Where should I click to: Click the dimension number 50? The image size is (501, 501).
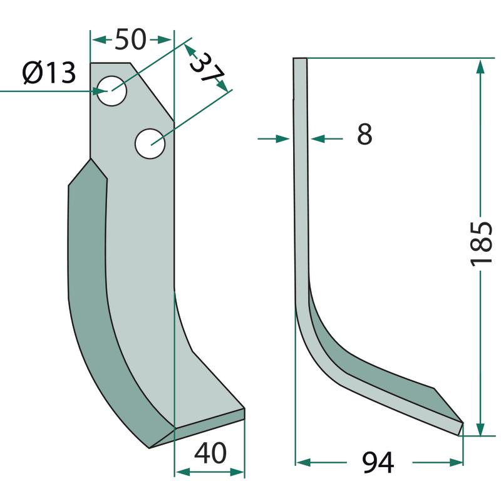coord(130,39)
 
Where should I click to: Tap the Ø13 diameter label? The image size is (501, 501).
coord(49,73)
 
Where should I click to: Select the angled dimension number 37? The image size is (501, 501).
coord(207,68)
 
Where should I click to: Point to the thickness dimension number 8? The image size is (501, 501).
coord(364,134)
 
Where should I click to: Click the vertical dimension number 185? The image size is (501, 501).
coord(481,244)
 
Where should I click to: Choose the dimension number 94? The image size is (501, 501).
coord(378,463)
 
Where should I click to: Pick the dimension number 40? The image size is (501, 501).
coord(210,453)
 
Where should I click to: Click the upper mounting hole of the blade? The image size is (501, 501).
coord(112,91)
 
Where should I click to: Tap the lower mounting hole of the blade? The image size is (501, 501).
coord(150,144)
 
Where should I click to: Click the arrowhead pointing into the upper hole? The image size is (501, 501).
coord(100,91)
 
